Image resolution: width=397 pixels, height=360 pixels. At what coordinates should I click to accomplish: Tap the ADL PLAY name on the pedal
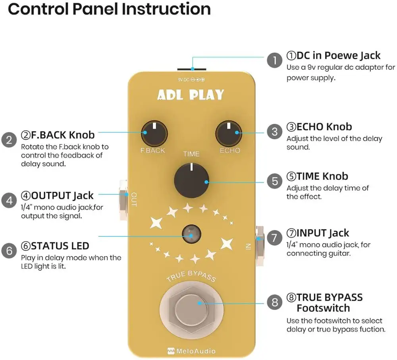(x=191, y=95)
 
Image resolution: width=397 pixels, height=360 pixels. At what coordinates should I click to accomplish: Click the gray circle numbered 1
(x=274, y=61)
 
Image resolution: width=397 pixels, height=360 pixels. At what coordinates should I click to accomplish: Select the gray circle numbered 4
(x=8, y=201)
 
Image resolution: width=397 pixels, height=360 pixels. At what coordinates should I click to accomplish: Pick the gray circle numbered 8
(x=274, y=303)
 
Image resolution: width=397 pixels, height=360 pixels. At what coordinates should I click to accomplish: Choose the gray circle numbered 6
(x=8, y=251)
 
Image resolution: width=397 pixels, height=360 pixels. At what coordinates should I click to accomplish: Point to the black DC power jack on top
(x=191, y=70)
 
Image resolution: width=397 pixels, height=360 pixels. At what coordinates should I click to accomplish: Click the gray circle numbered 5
(x=274, y=181)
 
